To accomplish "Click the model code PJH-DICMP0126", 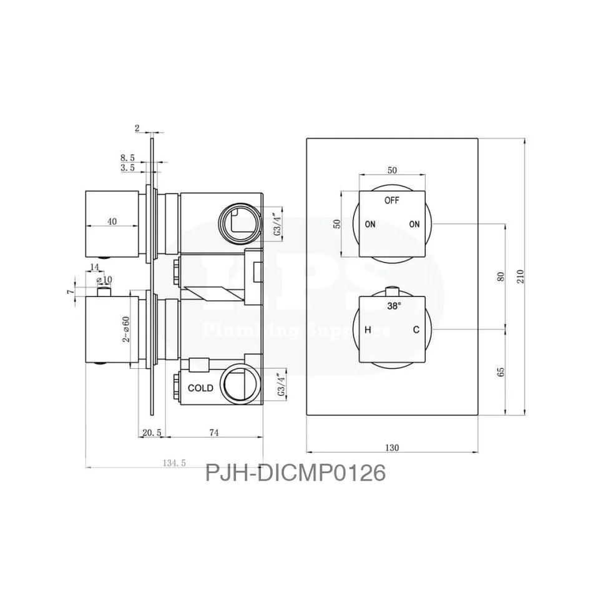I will click(x=295, y=473).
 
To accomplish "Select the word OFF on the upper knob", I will click(x=391, y=200).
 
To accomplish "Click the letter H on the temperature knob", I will click(x=368, y=330).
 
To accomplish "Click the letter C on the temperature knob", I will click(x=415, y=330).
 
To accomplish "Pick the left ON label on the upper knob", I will click(x=370, y=225).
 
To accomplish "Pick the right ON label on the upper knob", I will click(x=414, y=225).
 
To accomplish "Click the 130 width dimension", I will click(x=392, y=447).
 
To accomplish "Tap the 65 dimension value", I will click(x=501, y=371).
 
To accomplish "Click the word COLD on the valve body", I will click(x=200, y=388).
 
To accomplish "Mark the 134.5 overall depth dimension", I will click(x=174, y=463).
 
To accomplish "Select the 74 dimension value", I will click(x=213, y=432).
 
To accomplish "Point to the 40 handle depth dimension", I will click(x=111, y=220).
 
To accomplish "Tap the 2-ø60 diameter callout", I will click(x=126, y=328).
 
